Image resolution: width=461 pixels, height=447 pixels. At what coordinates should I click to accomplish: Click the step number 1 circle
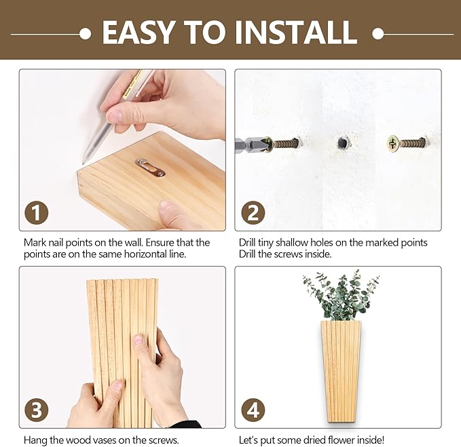[37, 212]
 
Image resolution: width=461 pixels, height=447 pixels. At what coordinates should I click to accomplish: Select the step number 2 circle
[253, 212]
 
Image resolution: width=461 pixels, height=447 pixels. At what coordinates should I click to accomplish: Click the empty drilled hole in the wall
[342, 143]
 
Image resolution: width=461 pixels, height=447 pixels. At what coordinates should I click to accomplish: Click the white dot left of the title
[85, 33]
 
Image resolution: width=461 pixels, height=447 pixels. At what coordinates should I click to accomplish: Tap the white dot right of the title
[378, 33]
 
